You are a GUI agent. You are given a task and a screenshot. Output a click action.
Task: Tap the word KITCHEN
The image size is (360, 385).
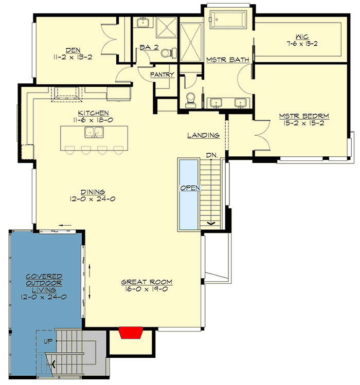[x=93, y=113]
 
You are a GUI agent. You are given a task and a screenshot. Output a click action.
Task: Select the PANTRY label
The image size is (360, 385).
[x=163, y=75]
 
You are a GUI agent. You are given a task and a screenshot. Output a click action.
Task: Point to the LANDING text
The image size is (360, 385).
[x=204, y=136]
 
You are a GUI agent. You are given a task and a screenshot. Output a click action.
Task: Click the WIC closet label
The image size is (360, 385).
[x=302, y=36]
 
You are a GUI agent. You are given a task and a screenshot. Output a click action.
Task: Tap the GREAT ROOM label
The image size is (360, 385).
[x=147, y=282]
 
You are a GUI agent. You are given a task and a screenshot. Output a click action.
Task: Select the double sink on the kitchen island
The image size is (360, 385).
[x=93, y=133]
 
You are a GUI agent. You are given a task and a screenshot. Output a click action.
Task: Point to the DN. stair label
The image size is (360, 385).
[x=211, y=154]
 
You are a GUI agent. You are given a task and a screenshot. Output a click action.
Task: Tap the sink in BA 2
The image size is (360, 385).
[x=141, y=23]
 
